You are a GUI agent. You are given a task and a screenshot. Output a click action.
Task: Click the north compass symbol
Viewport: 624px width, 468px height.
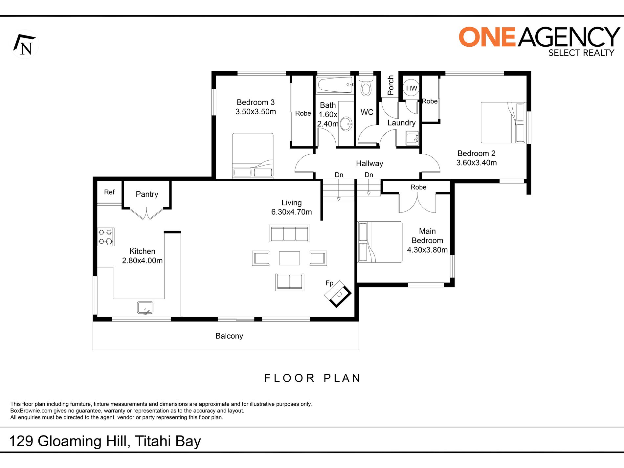[x=25, y=44]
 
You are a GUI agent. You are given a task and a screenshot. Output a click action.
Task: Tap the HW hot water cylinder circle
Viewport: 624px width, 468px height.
[x=411, y=88]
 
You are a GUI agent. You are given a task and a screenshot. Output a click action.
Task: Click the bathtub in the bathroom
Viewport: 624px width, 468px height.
[x=335, y=85]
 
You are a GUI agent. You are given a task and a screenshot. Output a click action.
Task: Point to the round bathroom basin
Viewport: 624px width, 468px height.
[x=346, y=124]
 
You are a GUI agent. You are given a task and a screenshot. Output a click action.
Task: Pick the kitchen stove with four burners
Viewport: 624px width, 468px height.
[x=106, y=237]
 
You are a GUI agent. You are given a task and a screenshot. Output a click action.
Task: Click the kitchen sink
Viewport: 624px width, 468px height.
[x=145, y=308]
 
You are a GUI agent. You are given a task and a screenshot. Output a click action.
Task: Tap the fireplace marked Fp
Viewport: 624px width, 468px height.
[x=338, y=294]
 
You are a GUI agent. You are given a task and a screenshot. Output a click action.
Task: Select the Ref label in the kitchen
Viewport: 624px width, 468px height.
[x=109, y=192]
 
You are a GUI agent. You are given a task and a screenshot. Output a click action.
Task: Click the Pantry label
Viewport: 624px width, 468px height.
[x=147, y=194]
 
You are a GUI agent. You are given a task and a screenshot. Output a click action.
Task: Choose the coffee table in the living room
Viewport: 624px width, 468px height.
[x=289, y=258]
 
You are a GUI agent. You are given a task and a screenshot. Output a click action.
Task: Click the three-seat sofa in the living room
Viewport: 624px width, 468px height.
[x=289, y=233]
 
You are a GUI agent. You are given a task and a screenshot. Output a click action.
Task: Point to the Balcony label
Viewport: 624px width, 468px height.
[x=229, y=336]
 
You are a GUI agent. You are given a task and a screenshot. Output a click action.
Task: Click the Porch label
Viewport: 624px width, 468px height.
[x=390, y=85]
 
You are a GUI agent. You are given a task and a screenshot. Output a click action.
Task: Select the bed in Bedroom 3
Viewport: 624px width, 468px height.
[x=253, y=155]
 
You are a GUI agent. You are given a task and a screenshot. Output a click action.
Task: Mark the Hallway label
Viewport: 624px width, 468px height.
[x=369, y=164]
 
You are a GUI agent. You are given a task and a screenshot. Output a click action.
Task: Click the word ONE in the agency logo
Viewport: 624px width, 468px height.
[x=487, y=37]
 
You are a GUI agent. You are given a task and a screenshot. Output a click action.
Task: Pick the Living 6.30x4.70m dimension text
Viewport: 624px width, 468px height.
[x=292, y=207]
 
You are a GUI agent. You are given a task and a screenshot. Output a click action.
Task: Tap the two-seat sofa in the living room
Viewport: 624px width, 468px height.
[x=290, y=282]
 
